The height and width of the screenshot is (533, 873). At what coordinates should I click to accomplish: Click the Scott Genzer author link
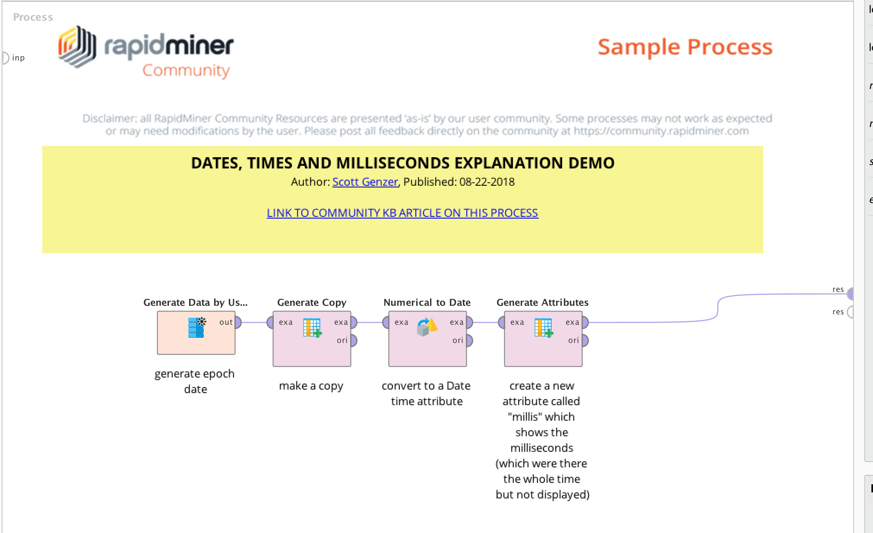[x=365, y=182]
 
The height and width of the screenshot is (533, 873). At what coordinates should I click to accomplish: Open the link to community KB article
[x=402, y=213]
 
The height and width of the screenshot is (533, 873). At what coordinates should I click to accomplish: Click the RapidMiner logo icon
[x=77, y=47]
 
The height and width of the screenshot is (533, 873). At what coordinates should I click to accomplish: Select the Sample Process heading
[x=685, y=47]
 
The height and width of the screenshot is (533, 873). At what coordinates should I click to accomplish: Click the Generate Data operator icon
[x=196, y=327]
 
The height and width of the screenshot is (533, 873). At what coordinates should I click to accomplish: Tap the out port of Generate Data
[x=238, y=322]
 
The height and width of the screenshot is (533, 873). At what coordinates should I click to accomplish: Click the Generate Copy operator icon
[x=312, y=327]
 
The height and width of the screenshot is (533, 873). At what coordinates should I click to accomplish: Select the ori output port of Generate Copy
[x=354, y=340]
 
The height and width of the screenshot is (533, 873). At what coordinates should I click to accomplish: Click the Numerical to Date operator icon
[x=427, y=327]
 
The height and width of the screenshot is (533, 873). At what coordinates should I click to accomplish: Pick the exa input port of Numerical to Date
[x=386, y=322]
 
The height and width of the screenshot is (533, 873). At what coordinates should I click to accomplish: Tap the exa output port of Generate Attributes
[x=585, y=322]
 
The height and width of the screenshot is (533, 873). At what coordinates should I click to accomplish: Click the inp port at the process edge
[x=5, y=58]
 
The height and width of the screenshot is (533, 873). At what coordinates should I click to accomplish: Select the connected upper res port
[x=850, y=294]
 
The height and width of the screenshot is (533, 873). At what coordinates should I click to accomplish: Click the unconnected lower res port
[x=850, y=312]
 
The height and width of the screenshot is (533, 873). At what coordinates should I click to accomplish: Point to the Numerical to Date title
[x=427, y=302]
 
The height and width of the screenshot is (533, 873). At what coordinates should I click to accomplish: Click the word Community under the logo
[x=186, y=70]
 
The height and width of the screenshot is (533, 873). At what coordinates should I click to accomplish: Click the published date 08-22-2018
[x=487, y=182]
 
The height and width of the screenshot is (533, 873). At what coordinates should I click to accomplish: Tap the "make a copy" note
[x=311, y=386]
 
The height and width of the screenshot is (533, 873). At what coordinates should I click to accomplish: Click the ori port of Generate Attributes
[x=585, y=340]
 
